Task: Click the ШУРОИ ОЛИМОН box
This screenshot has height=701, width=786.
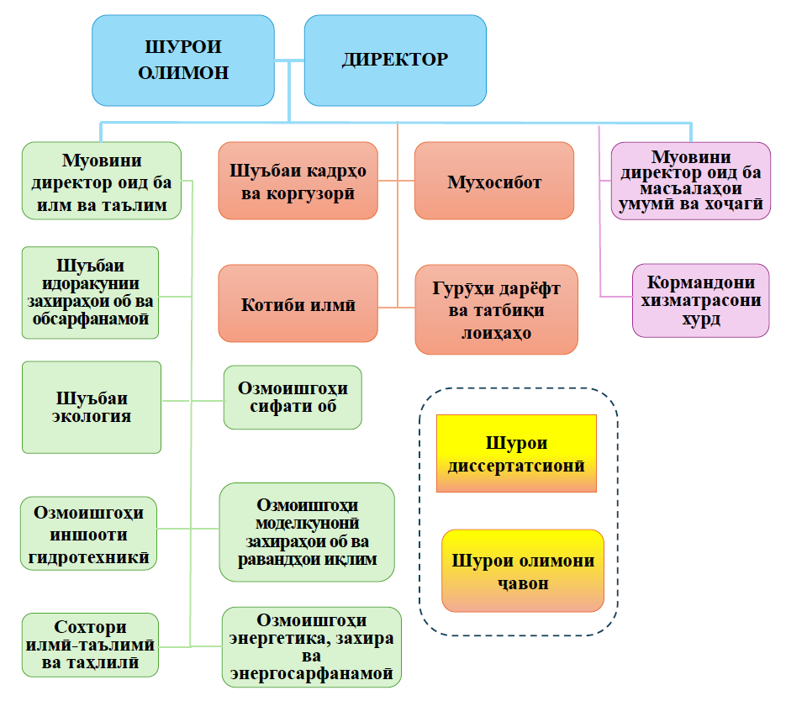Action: coord(183,60)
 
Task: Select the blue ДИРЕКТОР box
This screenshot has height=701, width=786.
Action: coord(395,60)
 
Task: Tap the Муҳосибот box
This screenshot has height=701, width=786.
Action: coord(494,181)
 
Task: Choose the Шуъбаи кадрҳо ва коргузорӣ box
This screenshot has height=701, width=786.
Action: coord(298,181)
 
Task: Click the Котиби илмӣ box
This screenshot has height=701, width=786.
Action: coord(298,304)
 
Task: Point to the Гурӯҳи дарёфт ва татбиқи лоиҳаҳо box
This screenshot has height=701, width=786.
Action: coord(496,309)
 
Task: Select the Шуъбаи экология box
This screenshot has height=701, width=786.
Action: coord(92,407)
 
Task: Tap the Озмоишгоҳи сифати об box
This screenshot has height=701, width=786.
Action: coord(293,398)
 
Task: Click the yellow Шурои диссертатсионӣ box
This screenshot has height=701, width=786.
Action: coord(516,453)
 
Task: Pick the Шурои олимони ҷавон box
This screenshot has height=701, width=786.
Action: coord(522,571)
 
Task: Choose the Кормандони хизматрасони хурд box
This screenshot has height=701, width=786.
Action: coord(700,300)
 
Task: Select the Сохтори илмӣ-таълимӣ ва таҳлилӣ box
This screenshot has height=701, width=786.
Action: coord(91,645)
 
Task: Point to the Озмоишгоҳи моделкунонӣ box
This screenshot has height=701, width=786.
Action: coord(307,531)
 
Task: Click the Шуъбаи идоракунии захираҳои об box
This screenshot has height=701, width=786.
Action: coord(91,293)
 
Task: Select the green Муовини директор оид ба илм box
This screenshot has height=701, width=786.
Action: coord(102,180)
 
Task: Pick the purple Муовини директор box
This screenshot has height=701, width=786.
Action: coord(690,181)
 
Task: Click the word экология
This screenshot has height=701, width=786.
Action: coord(92,416)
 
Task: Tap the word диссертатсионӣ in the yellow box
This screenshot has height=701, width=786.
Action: coord(516,464)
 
